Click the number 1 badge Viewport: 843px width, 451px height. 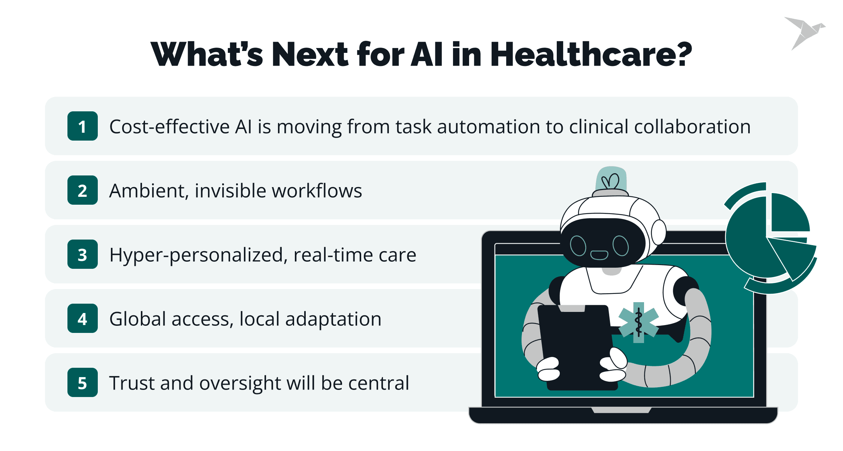tap(82, 126)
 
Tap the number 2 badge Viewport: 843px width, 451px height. tap(82, 190)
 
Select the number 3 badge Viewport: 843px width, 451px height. tap(82, 254)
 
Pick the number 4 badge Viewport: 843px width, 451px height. tap(82, 318)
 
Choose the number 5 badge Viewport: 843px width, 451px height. tap(82, 382)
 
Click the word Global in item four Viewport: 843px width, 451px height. tap(138, 319)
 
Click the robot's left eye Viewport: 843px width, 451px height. tap(578, 246)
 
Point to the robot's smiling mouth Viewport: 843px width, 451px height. tap(599, 255)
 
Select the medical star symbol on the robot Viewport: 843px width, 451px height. tap(638, 322)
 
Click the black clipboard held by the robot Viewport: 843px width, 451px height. tap(577, 347)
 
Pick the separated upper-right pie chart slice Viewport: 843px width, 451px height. tap(790, 213)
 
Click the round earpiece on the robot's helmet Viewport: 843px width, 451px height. tap(658, 232)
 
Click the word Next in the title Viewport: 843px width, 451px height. tap(310, 54)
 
